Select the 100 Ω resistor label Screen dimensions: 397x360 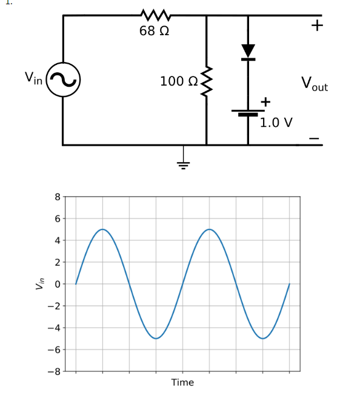(x=179, y=81)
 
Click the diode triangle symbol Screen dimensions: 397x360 (x=248, y=51)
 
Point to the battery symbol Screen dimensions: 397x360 (x=248, y=114)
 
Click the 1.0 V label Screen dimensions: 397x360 (x=276, y=123)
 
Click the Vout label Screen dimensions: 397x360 (x=314, y=83)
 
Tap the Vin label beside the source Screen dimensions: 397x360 (x=33, y=78)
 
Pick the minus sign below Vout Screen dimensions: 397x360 (x=313, y=139)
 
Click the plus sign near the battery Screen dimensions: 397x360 (x=265, y=101)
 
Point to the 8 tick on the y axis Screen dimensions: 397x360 (x=57, y=196)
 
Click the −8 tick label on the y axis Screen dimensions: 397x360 (x=55, y=372)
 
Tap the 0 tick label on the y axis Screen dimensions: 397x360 (x=57, y=284)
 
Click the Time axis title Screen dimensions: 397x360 (x=182, y=382)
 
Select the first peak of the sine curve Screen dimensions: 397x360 (x=102, y=229)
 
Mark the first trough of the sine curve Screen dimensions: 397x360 (x=156, y=339)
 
